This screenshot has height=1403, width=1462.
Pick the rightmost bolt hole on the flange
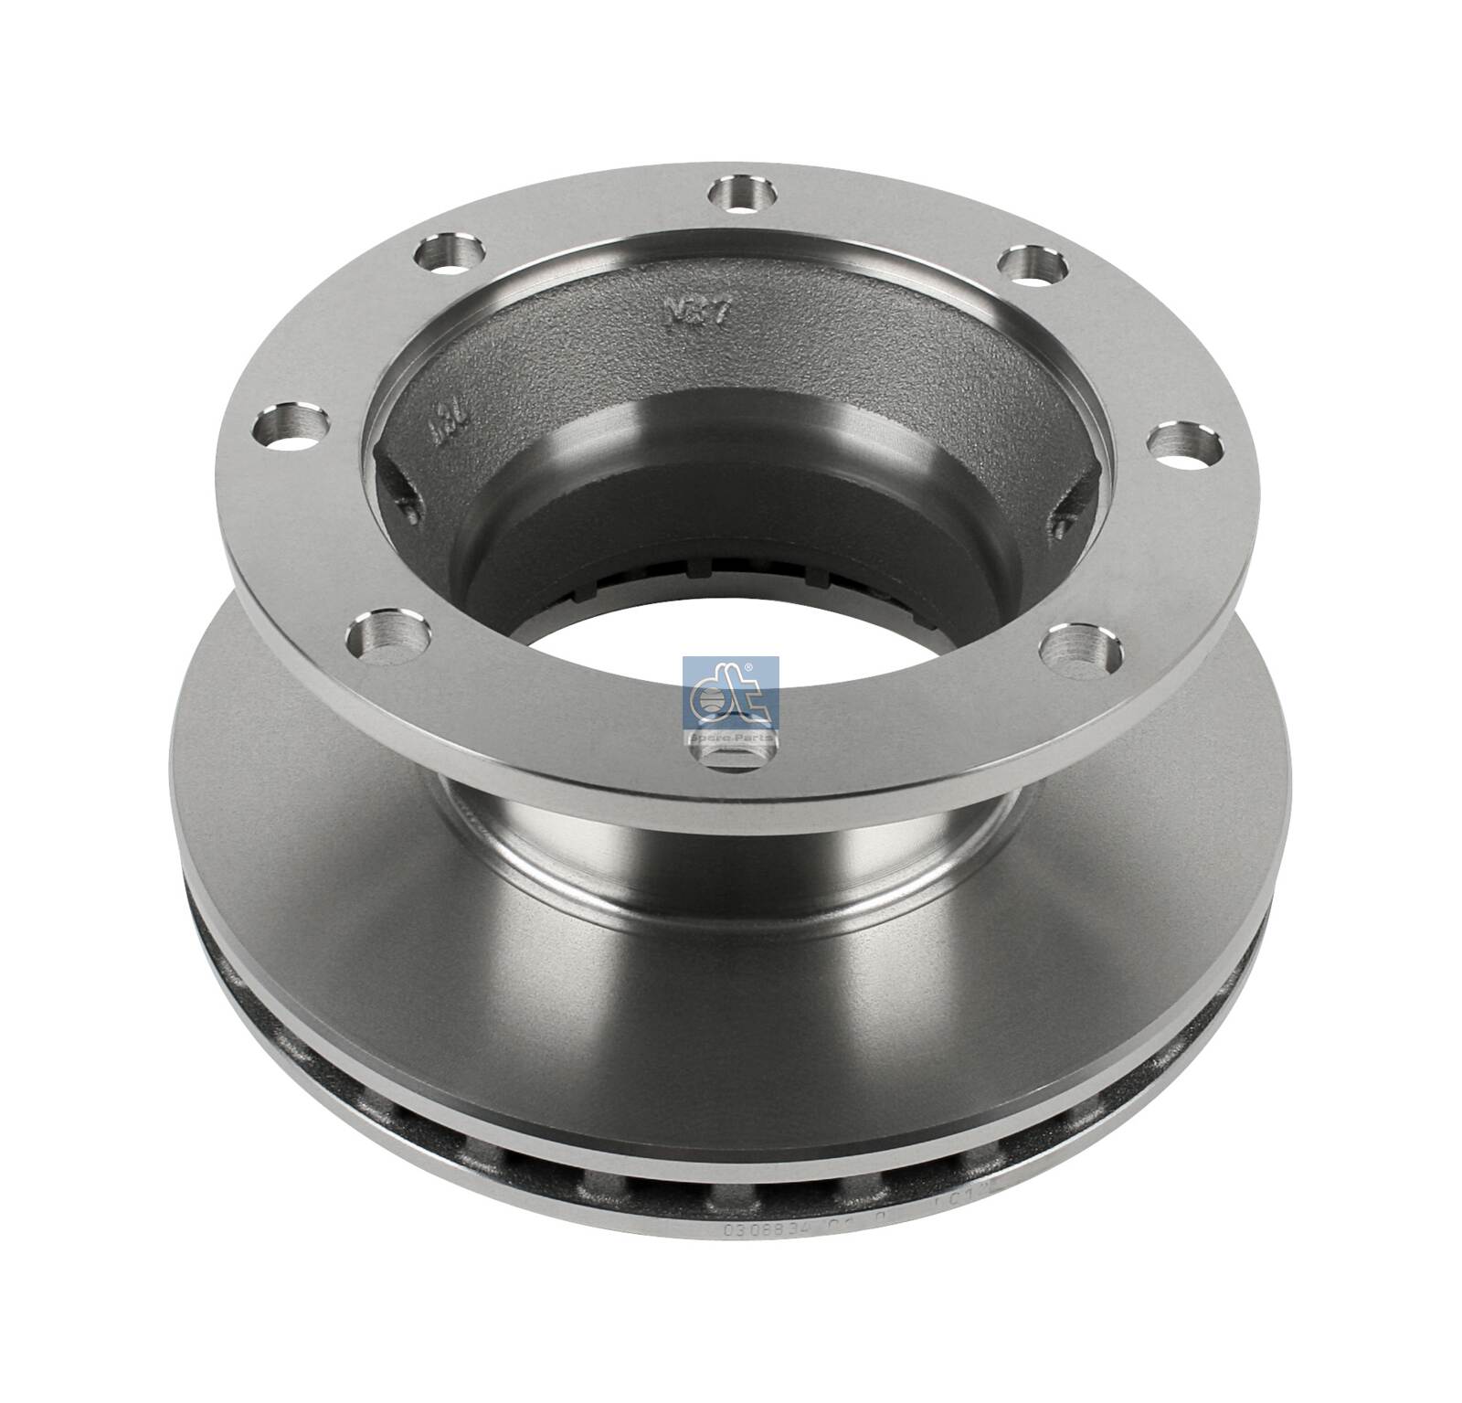[x=1184, y=448]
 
